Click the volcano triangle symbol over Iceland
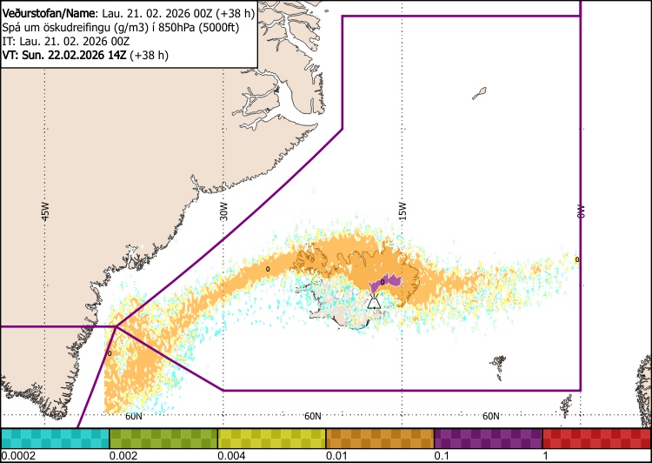373,302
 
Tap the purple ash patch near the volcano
386,281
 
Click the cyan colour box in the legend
55,438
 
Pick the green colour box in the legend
163,438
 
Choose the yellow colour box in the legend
271,438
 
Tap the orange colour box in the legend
380,438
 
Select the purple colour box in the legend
488,438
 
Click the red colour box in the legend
596,438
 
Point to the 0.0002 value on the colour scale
18,456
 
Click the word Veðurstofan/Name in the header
46,11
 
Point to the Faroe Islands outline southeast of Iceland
498,362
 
